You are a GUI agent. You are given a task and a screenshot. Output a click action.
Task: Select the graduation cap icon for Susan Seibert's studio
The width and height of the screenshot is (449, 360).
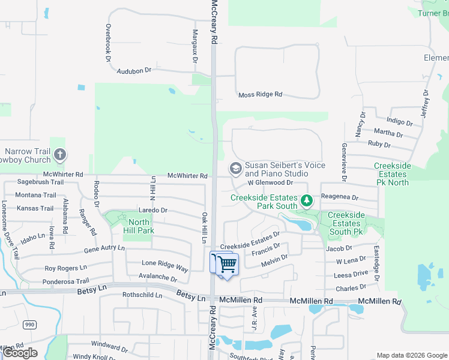[x=234, y=169]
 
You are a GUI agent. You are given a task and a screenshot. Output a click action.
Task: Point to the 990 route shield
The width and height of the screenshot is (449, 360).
[x=29, y=325]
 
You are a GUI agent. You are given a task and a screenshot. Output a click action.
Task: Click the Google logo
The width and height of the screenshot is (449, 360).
[x=20, y=353]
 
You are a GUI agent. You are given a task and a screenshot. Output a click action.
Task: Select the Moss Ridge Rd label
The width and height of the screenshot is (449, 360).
[x=260, y=95]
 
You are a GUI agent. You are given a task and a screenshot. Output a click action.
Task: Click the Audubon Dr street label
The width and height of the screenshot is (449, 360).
[x=134, y=70]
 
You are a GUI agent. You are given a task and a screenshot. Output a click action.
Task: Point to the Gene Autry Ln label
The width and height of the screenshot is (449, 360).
[x=104, y=248]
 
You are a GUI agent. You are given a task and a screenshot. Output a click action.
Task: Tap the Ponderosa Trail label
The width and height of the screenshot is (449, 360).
[x=67, y=281]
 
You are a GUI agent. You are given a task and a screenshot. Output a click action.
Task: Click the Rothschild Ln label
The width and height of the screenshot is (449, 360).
[x=142, y=295]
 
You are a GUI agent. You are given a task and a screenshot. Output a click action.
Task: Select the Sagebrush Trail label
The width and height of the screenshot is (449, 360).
[x=40, y=182]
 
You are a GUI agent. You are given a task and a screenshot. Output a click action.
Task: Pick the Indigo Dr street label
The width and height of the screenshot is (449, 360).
[x=400, y=121]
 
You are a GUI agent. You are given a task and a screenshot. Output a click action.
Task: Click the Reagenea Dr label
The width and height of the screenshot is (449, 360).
[x=340, y=197]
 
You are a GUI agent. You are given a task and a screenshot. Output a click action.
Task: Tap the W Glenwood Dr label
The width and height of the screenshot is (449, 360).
[x=270, y=182]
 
